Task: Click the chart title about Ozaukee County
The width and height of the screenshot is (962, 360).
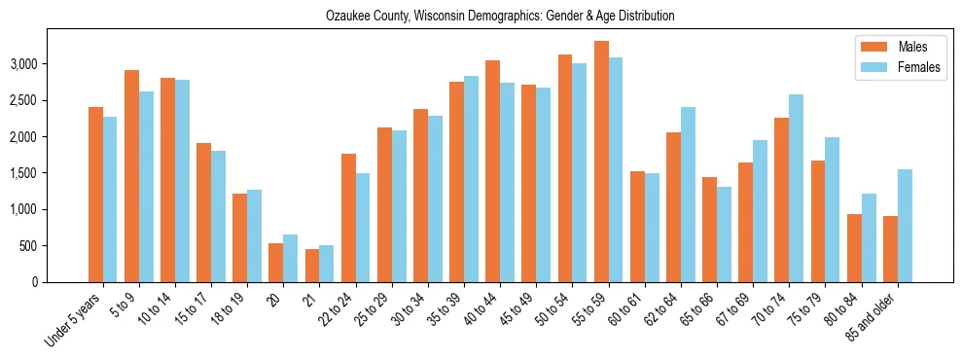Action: pyautogui.click(x=499, y=17)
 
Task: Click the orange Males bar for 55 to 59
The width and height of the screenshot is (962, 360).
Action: pyautogui.click(x=601, y=162)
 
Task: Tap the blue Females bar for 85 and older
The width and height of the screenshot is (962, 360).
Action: pyautogui.click(x=905, y=226)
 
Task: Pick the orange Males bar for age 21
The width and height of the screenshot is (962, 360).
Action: pyautogui.click(x=312, y=266)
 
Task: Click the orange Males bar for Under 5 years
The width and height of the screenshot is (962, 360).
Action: pyautogui.click(x=96, y=195)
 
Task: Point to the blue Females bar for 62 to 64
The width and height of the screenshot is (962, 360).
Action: pyautogui.click(x=688, y=195)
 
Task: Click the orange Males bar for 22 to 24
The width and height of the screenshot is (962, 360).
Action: pyautogui.click(x=348, y=218)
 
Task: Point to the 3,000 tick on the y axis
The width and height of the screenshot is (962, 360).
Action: pyautogui.click(x=53, y=64)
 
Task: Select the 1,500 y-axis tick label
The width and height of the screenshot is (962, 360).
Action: pyautogui.click(x=53, y=173)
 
